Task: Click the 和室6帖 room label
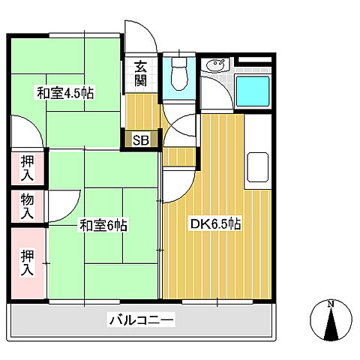[x=102, y=224]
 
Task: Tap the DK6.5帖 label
[x=214, y=224]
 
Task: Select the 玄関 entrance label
[x=140, y=73]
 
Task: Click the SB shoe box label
[x=141, y=139]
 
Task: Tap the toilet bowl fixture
[x=178, y=75]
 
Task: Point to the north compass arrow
[x=331, y=322]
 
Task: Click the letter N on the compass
[x=331, y=304]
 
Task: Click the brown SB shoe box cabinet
[x=141, y=139]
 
